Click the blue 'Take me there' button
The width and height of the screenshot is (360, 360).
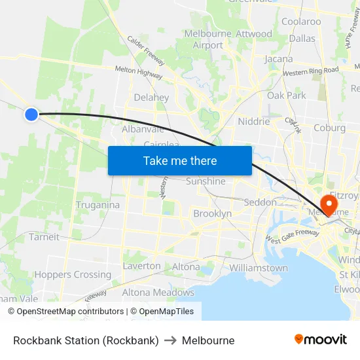point(179,160)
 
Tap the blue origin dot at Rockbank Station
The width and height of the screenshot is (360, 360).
point(31,115)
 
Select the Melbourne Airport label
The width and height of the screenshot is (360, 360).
point(208,39)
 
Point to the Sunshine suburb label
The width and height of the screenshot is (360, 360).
point(206,181)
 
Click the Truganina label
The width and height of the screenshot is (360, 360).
point(98,205)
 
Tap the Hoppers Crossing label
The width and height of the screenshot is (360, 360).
point(73,275)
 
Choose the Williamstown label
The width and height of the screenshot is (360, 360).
point(259,268)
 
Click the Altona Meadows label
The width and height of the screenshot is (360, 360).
point(158,293)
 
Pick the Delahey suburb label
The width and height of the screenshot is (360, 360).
point(151,98)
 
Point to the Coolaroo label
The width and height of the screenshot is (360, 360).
point(301,22)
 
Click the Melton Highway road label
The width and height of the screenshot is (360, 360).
point(139,73)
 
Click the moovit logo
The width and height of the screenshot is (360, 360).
point(321,340)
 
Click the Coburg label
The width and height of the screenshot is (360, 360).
point(329,128)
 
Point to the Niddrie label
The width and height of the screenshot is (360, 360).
point(254,121)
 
